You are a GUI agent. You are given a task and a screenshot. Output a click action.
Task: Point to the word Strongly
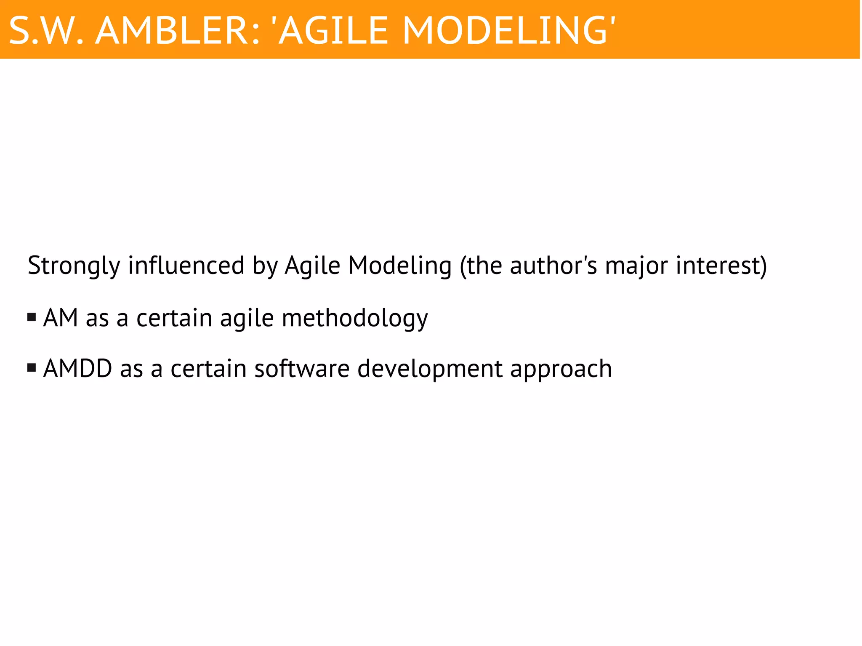pyautogui.click(x=74, y=266)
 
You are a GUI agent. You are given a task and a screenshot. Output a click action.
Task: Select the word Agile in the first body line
pyautogui.click(x=312, y=266)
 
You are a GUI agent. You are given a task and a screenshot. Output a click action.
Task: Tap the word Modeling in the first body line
pyautogui.click(x=400, y=266)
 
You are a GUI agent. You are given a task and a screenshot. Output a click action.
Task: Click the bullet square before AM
pyautogui.click(x=32, y=317)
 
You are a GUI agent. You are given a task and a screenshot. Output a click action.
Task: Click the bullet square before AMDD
pyautogui.click(x=32, y=368)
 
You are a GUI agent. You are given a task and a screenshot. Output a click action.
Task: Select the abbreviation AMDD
pyautogui.click(x=77, y=368)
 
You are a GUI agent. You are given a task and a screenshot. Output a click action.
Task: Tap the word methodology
pyautogui.click(x=354, y=318)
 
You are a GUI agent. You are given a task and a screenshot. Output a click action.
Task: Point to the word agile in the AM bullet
pyautogui.click(x=247, y=319)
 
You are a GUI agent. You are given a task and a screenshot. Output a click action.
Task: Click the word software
pyautogui.click(x=302, y=368)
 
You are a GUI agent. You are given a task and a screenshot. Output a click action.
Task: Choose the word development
pyautogui.click(x=430, y=369)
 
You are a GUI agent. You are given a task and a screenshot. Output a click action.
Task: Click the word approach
pyautogui.click(x=561, y=369)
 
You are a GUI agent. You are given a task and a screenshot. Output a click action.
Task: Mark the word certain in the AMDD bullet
pyautogui.click(x=208, y=368)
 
